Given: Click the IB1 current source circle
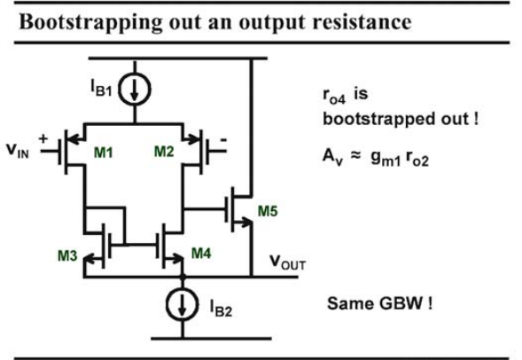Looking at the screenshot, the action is point(119,90).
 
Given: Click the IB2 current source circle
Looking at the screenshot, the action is point(167,304).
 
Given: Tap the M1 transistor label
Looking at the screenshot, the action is point(103,153).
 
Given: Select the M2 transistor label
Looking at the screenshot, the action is point(164,152).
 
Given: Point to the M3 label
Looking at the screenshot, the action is point(67,255).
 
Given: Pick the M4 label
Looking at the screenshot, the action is point(201,253).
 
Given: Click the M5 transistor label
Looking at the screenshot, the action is point(268,211).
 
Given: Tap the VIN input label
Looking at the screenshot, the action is point(18,151).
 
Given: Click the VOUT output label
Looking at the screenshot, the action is point(288,262).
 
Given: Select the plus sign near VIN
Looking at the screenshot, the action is point(43,138).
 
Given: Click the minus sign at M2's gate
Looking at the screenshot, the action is point(223,140).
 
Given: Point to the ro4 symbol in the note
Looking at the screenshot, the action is point(334,95).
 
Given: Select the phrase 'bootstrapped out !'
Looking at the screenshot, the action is point(401,119).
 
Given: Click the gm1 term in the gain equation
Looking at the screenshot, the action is point(386,158).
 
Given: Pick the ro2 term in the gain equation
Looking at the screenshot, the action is point(417,159).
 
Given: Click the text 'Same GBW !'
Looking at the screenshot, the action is point(380,303).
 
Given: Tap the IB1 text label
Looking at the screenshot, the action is point(102,88).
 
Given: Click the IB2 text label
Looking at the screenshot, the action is point(221,308).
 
